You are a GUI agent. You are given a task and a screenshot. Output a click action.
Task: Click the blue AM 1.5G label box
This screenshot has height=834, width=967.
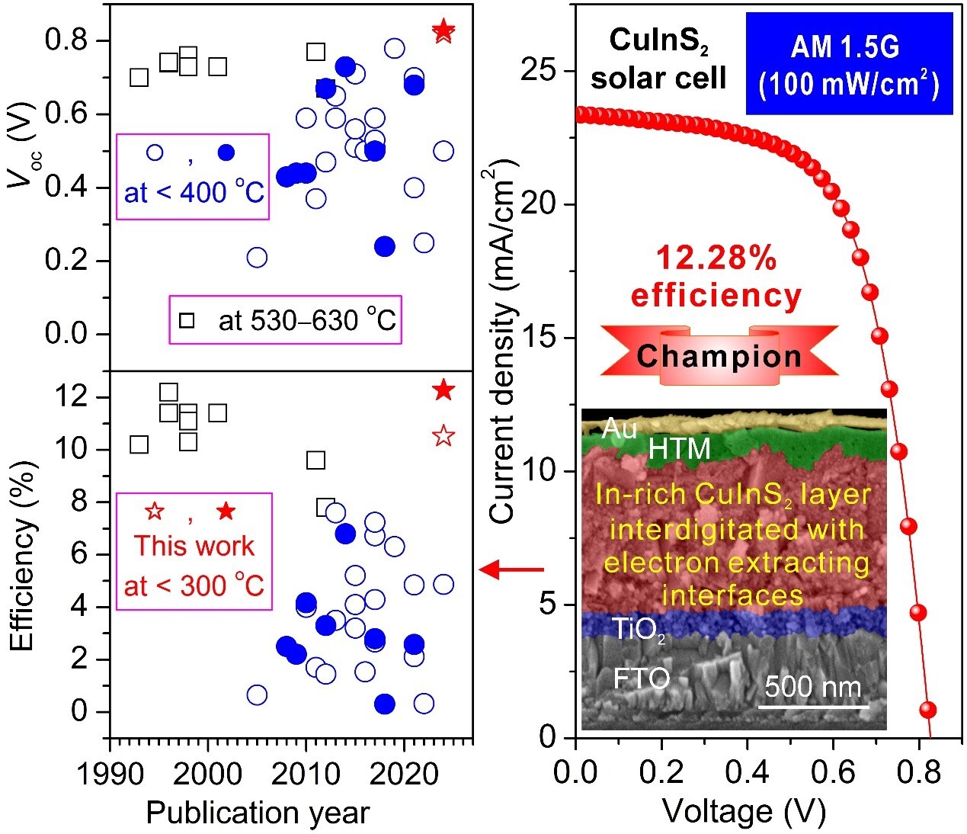(x=849, y=63)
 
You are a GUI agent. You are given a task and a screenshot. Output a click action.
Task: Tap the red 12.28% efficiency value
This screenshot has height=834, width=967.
(x=716, y=259)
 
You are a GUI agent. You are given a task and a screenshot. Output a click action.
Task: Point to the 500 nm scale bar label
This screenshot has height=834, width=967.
(x=813, y=687)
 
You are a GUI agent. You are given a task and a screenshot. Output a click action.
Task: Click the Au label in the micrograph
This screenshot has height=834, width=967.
(x=619, y=429)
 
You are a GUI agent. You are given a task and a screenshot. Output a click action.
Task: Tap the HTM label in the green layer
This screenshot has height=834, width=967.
(x=679, y=448)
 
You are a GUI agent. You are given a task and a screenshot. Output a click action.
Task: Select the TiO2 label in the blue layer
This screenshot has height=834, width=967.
(x=639, y=629)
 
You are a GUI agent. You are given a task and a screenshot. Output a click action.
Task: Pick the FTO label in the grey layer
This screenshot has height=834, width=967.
(x=642, y=678)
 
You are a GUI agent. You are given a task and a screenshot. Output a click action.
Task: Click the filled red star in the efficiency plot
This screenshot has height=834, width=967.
(x=443, y=390)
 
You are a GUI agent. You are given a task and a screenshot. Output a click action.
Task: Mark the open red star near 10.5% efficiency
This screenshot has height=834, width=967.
(x=443, y=436)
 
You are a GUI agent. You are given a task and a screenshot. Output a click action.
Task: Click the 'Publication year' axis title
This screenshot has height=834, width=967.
(x=258, y=813)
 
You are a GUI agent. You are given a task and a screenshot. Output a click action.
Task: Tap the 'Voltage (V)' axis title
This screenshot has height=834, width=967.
(x=744, y=811)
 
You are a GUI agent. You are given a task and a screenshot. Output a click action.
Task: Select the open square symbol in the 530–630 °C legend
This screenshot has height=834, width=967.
(x=186, y=320)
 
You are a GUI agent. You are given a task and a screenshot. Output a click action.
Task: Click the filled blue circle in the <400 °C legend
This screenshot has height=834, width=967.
(x=226, y=152)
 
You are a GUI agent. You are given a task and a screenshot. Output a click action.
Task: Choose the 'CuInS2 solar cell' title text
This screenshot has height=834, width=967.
(x=659, y=59)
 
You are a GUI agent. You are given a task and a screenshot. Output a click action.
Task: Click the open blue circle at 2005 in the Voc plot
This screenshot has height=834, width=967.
(x=257, y=257)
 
